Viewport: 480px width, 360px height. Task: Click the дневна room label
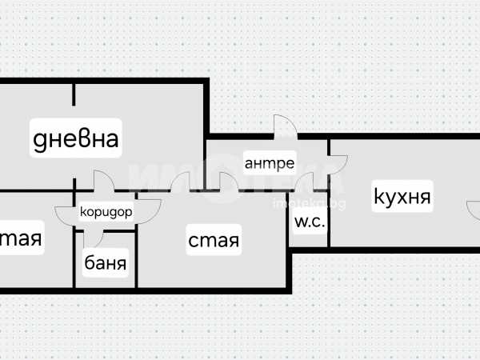[76, 139]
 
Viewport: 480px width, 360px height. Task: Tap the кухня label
[402, 197]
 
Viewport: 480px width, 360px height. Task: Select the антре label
[270, 164]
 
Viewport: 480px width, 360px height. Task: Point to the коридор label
[106, 213]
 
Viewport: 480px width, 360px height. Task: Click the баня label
[106, 262]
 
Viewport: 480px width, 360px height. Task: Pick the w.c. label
[310, 222]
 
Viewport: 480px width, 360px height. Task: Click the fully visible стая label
[214, 239]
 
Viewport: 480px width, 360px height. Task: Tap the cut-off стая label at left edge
[21, 238]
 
